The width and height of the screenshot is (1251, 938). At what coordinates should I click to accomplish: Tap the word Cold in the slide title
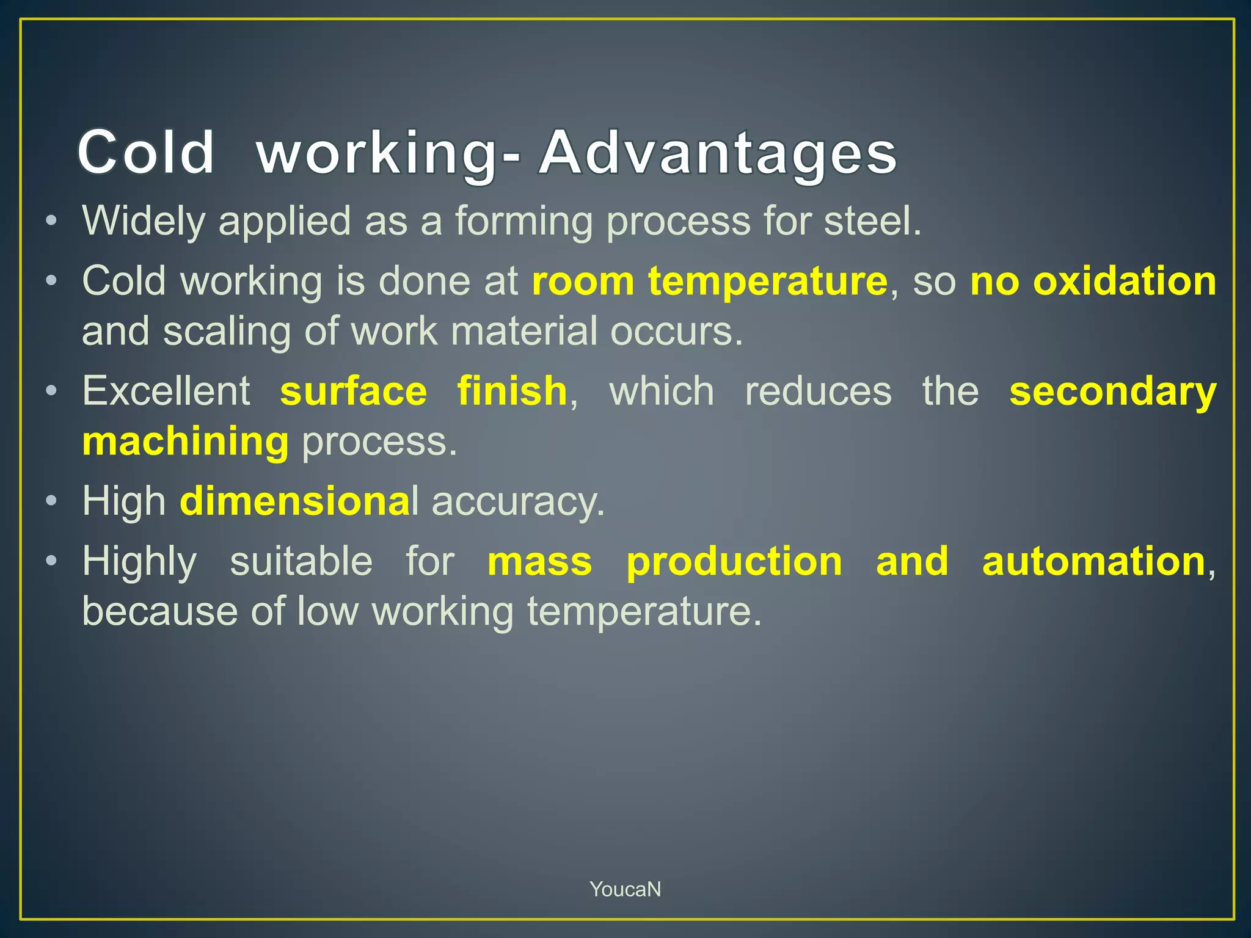pos(146,153)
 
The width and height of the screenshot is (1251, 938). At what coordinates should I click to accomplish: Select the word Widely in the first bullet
pos(144,220)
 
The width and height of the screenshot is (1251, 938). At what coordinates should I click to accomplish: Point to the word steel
pos(872,220)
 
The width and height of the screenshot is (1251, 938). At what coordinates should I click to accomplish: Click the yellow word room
pos(583,282)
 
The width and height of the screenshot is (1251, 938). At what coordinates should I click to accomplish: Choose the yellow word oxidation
pos(1125,282)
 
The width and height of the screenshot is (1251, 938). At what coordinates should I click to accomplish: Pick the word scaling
pos(227,332)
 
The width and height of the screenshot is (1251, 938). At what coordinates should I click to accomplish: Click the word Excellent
pos(166,391)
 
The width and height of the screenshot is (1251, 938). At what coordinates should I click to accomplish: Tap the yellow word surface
pos(354,391)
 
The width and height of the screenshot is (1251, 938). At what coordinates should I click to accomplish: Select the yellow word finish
pos(512,391)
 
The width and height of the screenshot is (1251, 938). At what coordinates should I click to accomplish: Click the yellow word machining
pos(185,442)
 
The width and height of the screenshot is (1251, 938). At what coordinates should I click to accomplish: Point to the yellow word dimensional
pos(299,501)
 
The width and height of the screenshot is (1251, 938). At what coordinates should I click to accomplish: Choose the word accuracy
pos(518,501)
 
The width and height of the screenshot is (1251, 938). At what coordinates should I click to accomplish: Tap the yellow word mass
pos(540,561)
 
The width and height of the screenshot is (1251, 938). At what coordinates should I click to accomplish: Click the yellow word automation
pos(1094,561)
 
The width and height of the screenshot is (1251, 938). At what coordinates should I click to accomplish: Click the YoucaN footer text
pos(625,889)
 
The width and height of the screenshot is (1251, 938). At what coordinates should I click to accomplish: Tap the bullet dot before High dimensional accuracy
pos(53,501)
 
